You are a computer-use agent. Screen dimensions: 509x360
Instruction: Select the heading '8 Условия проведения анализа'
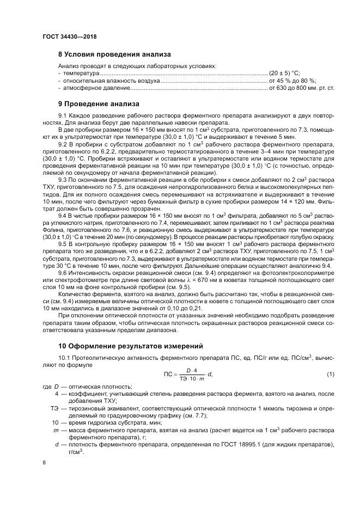tap(114, 54)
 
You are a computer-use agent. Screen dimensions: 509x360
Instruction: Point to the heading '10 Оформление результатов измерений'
tap(130, 345)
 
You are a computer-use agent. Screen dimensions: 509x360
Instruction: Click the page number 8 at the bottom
tap(44, 462)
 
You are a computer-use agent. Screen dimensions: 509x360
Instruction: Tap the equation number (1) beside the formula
tap(330, 375)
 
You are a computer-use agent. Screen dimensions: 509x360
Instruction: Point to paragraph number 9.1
tap(62, 116)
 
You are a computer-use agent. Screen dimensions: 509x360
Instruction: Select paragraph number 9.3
tap(62, 179)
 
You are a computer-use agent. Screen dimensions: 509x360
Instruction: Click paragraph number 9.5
tap(62, 244)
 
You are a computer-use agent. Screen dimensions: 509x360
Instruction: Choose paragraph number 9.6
tap(62, 273)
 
